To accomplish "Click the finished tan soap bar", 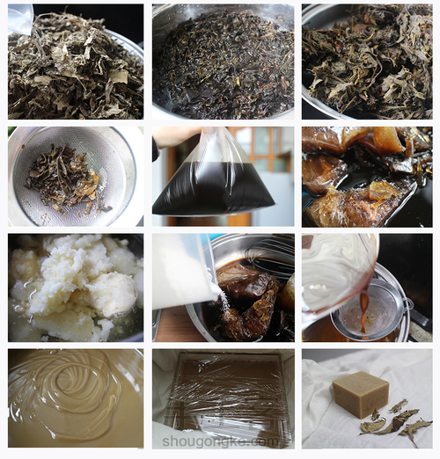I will [x=360, y=394].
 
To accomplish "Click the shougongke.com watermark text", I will [x=225, y=442].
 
